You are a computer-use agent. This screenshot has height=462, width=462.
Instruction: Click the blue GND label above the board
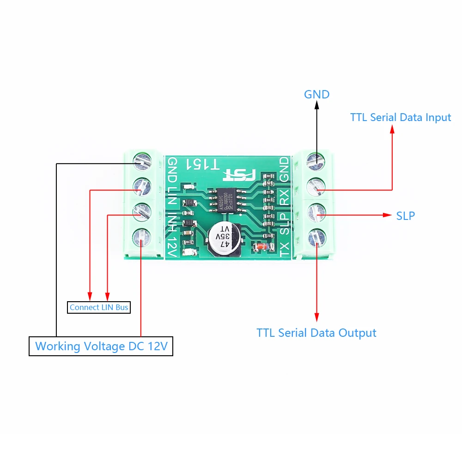[316, 95]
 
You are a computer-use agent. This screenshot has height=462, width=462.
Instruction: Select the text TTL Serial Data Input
[400, 117]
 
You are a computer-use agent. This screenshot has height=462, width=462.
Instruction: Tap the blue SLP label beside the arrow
[405, 216]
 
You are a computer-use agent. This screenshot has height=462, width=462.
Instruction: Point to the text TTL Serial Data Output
[316, 333]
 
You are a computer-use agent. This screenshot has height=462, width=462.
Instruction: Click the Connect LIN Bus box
[99, 307]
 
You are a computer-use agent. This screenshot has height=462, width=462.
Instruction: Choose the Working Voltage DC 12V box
[101, 346]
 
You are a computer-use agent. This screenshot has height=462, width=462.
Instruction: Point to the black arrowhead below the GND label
[317, 105]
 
